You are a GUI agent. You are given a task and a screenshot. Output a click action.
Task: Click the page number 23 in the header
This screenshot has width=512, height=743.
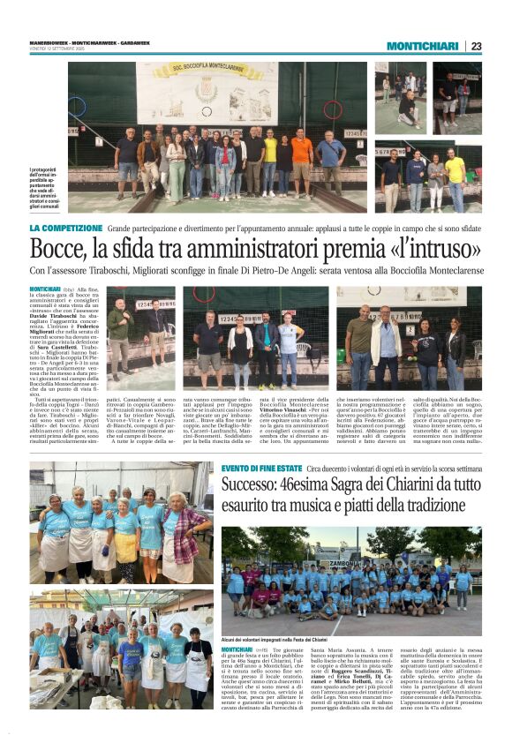click(476, 46)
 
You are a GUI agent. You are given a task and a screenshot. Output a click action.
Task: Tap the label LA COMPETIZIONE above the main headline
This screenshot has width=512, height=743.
click(65, 228)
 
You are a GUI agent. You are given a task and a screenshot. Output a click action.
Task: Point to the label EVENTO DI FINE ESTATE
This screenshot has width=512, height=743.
click(261, 467)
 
